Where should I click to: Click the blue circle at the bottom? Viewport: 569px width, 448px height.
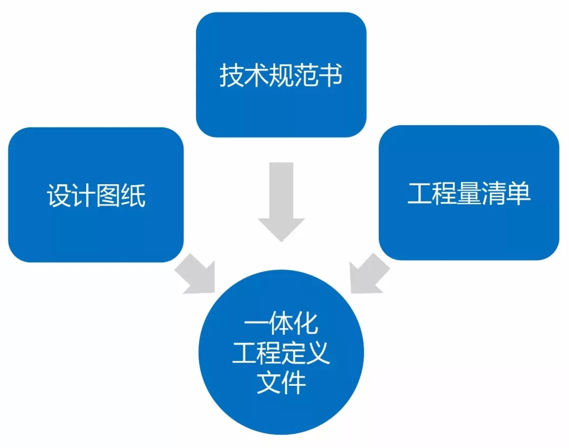(281, 354)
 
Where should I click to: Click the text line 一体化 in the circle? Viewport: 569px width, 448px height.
(281, 324)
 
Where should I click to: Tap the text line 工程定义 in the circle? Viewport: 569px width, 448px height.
(281, 354)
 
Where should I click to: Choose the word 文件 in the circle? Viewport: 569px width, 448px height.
(281, 383)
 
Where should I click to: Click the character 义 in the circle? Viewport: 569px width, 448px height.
(318, 354)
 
